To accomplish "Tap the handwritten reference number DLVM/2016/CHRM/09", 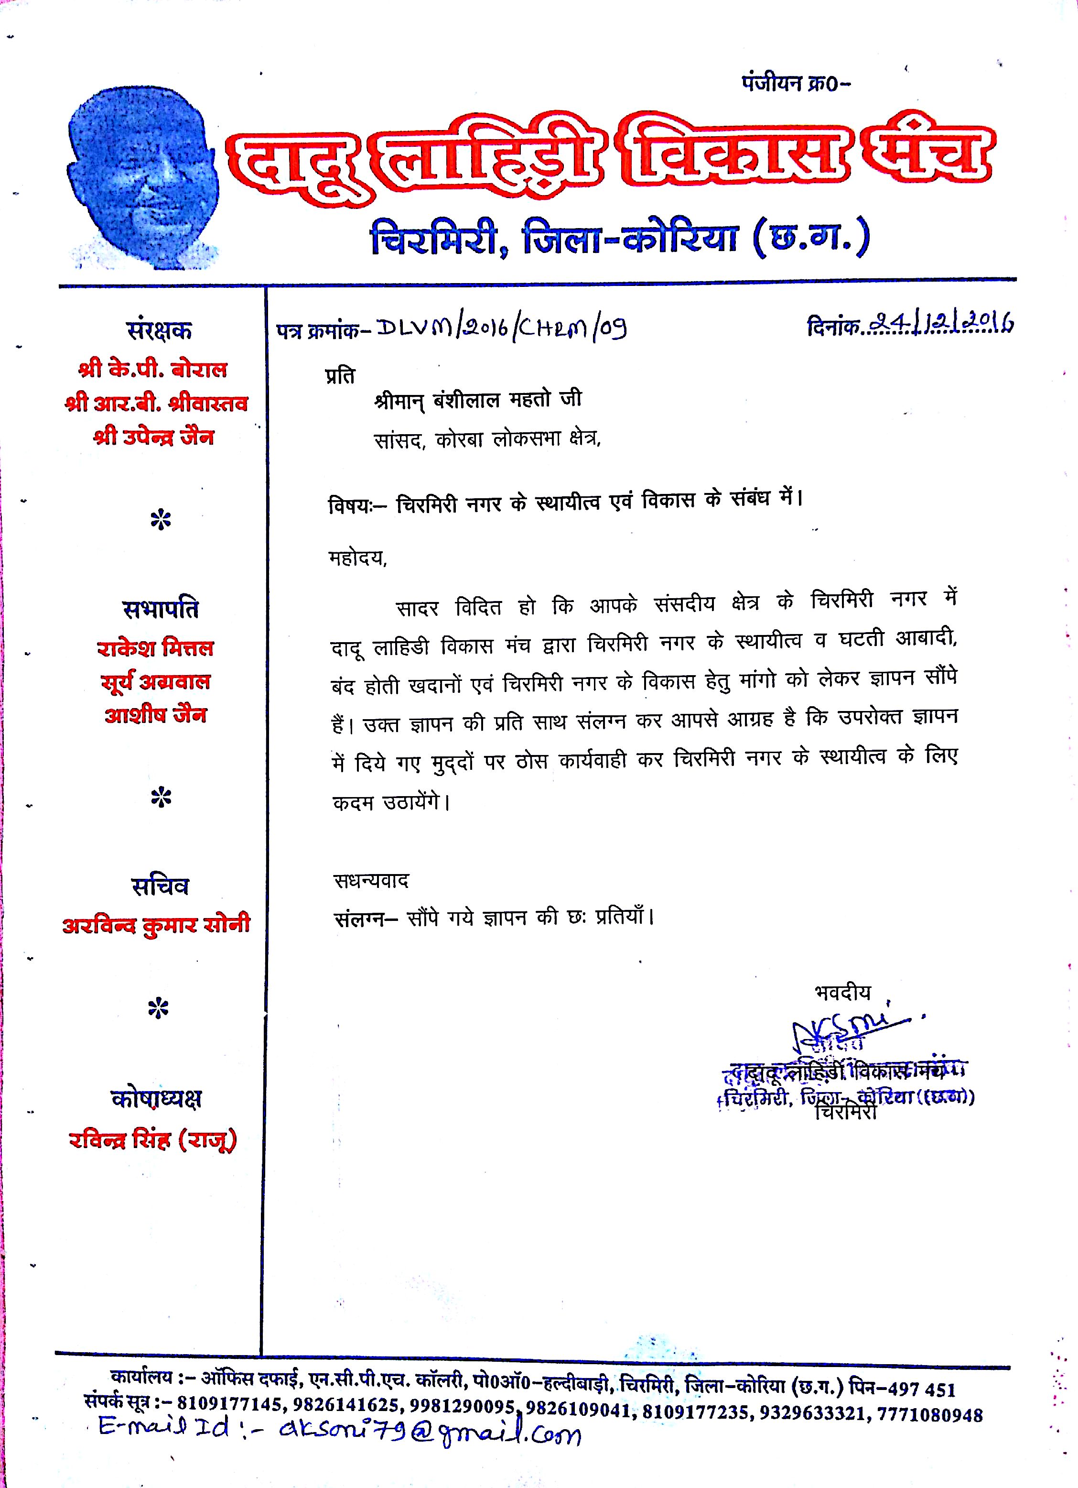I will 502,328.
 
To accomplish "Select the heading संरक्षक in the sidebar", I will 159,331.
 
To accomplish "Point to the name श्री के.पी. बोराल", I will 153,370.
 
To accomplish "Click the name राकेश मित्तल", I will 155,649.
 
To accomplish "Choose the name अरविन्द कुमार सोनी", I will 157,925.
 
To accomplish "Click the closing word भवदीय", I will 842,993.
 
